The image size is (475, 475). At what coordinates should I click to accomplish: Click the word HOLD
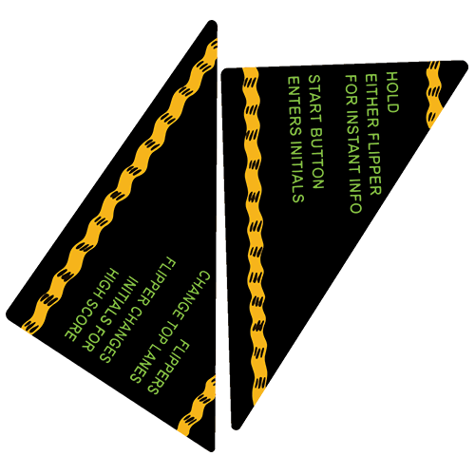pyautogui.click(x=392, y=92)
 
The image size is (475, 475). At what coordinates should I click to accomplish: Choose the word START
pyautogui.click(x=314, y=98)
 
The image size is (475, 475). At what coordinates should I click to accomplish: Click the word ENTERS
pyautogui.click(x=294, y=105)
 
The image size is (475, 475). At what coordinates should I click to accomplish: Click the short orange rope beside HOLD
pyautogui.click(x=433, y=94)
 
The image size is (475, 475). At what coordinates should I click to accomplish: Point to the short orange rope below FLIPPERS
pyautogui.click(x=197, y=406)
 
